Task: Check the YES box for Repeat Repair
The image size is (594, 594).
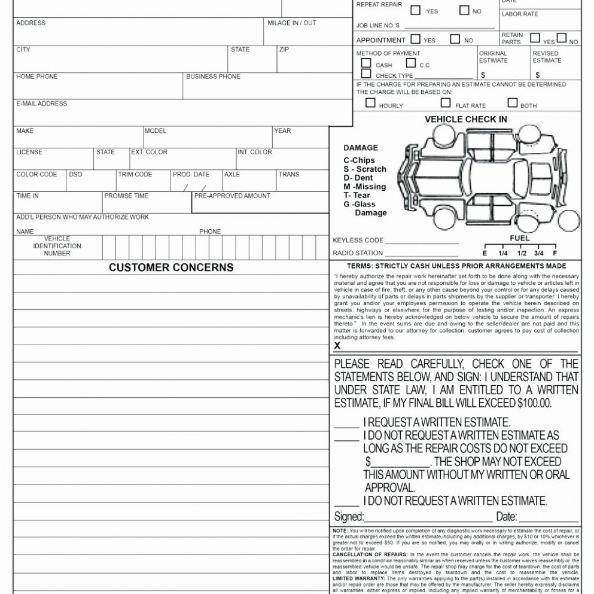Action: tap(415, 10)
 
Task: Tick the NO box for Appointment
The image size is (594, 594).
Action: tap(455, 39)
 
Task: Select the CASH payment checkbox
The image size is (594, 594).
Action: tap(366, 63)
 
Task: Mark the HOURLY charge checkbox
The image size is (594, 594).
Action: tap(370, 103)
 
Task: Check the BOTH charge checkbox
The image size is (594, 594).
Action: tap(512, 103)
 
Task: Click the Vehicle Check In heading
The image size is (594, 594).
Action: tap(465, 119)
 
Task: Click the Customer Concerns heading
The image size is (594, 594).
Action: tap(171, 267)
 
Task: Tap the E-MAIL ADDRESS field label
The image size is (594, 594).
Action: tap(41, 103)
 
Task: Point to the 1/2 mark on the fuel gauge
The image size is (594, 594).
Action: tap(522, 253)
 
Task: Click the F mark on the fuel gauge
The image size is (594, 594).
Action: tap(555, 253)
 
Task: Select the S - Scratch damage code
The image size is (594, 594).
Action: tap(365, 169)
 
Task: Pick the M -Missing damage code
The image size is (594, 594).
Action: tap(364, 187)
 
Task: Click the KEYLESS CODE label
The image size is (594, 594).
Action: tap(358, 240)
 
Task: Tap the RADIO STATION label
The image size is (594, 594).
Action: tap(358, 253)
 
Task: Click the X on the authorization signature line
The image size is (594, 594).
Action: tap(337, 346)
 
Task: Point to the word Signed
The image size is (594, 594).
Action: tap(349, 516)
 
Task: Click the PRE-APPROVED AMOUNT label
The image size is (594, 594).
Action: tap(232, 196)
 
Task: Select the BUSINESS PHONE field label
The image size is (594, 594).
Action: tap(213, 77)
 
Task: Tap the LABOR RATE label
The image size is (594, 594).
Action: tap(520, 14)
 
